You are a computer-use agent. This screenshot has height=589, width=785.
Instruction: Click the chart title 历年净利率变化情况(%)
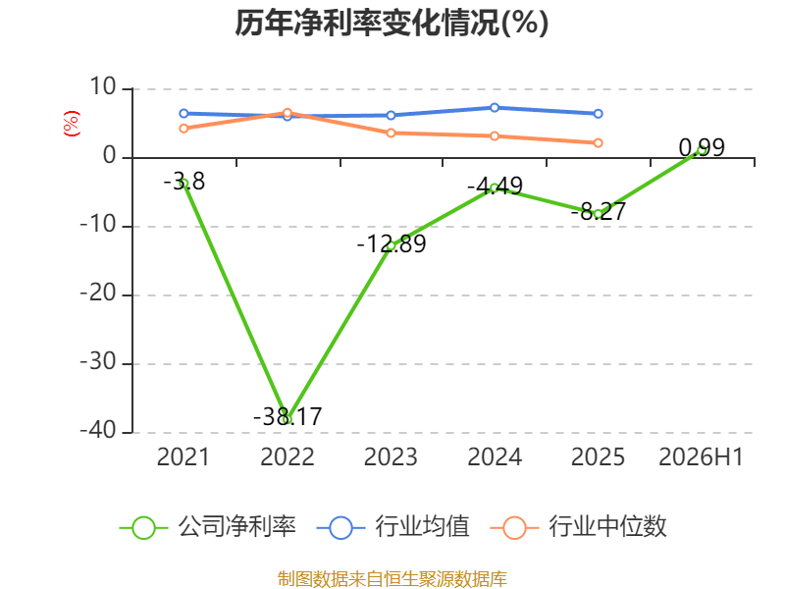click(392, 23)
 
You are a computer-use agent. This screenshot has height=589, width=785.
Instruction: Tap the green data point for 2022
click(288, 419)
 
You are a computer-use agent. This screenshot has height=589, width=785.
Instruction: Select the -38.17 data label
click(288, 416)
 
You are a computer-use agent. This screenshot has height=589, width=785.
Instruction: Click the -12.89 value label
click(391, 243)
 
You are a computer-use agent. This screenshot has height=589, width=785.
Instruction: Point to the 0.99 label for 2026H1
click(702, 147)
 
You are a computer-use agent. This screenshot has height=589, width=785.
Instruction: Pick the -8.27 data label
click(599, 211)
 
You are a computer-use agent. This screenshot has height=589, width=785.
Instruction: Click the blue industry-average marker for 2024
click(495, 108)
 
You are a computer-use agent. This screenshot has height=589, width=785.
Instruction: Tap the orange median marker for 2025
click(598, 143)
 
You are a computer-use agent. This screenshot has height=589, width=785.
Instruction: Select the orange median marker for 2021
click(183, 129)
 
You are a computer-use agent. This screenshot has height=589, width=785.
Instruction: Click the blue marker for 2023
click(391, 116)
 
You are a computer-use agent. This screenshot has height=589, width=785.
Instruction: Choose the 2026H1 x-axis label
click(701, 456)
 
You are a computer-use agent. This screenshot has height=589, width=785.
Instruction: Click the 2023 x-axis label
click(391, 456)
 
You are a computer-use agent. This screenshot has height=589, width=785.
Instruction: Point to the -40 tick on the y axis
click(99, 431)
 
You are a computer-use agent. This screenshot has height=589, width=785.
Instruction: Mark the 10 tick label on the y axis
click(103, 87)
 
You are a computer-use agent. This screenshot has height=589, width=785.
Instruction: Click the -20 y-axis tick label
click(99, 294)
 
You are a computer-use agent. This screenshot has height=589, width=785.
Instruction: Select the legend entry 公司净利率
click(208, 527)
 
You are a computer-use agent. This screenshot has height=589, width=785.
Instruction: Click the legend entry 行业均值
click(393, 527)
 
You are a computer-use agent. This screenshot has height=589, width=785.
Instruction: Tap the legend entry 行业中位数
click(578, 527)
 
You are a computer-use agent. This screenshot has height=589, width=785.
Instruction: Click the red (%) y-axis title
click(71, 124)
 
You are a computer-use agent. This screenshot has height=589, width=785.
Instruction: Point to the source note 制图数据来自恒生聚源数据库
click(392, 578)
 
